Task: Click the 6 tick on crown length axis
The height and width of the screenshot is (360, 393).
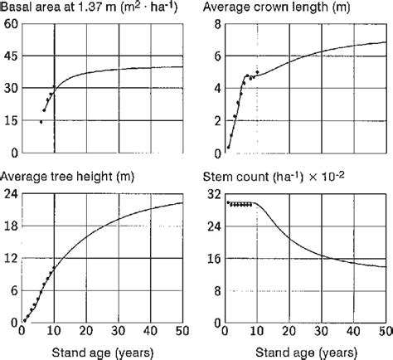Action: (x=216, y=56)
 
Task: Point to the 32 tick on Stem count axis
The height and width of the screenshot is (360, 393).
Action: (x=212, y=195)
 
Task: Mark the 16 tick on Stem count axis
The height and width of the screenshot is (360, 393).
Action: (x=212, y=259)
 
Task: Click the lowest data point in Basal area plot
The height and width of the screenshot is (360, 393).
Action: (x=41, y=122)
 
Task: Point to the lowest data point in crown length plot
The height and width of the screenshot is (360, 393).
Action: (x=228, y=147)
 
